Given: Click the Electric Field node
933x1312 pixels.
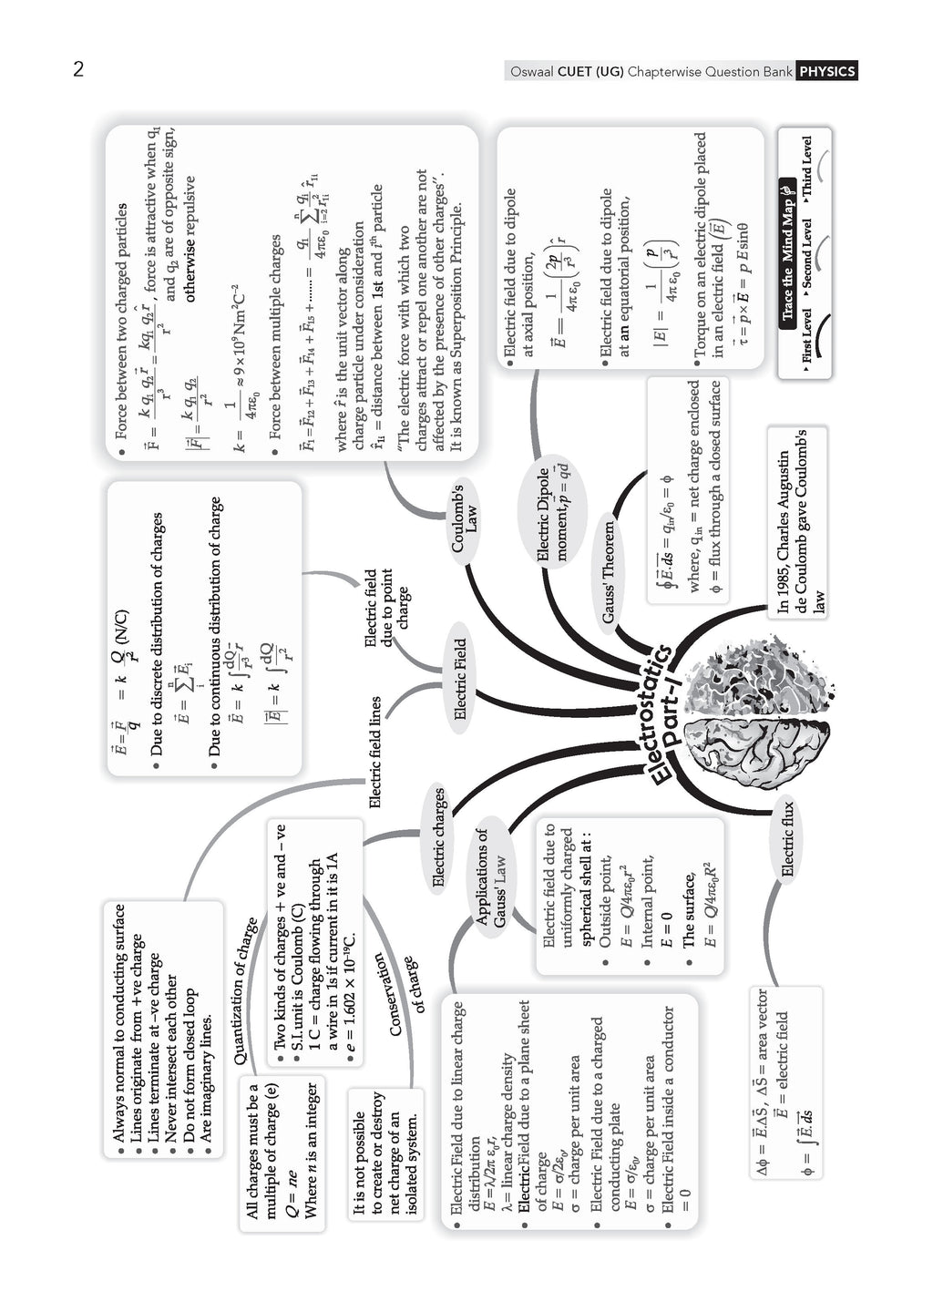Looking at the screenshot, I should (x=460, y=678).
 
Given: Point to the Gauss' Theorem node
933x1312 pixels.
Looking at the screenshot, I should (x=608, y=571).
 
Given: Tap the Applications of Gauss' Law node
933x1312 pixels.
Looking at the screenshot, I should (x=491, y=876).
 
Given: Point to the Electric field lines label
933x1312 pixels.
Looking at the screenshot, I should (x=374, y=752).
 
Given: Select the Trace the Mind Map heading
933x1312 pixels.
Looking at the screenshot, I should (x=788, y=251).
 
